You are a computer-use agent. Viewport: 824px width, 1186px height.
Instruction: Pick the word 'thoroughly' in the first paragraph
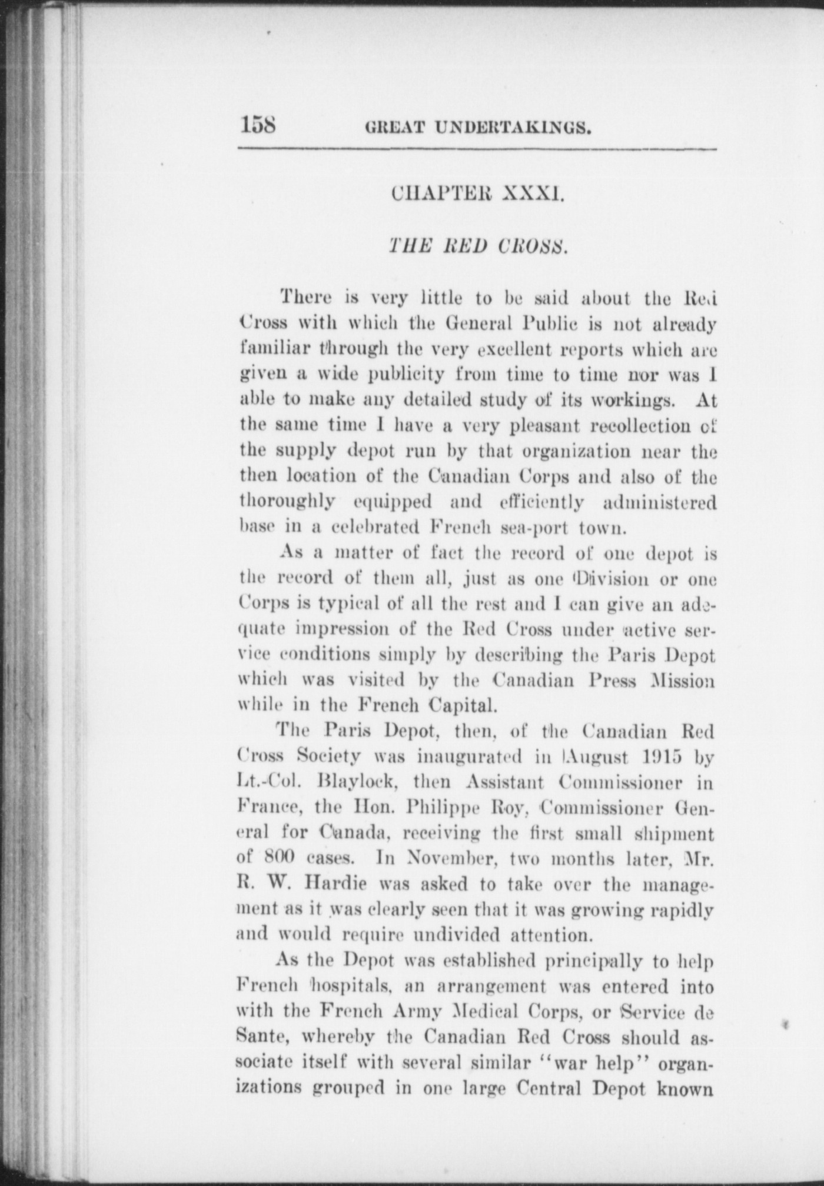click(287, 502)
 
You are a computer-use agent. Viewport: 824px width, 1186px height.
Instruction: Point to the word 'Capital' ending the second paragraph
click(460, 705)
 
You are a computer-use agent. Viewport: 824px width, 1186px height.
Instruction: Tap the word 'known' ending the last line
click(685, 1088)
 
